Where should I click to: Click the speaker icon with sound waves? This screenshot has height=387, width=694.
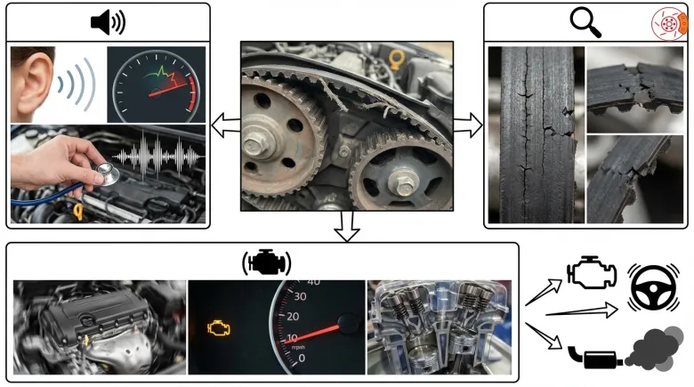[108, 22]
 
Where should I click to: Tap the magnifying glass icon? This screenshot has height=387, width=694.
[585, 22]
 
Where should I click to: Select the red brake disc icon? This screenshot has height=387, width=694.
[669, 23]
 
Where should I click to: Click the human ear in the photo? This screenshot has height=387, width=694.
[34, 82]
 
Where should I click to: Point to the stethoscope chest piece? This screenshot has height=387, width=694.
[108, 173]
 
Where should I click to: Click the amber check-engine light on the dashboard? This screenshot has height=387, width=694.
[219, 328]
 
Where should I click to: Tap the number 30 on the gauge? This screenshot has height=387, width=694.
[300, 296]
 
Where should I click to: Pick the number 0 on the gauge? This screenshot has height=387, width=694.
[302, 358]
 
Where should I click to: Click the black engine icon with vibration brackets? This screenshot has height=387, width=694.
[266, 262]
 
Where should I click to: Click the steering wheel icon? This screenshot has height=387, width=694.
[653, 288]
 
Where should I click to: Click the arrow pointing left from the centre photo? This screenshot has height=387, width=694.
[226, 125]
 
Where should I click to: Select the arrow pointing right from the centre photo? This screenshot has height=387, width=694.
[468, 125]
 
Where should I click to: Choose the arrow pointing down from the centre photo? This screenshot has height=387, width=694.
[347, 227]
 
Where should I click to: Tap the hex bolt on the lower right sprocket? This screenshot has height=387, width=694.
[403, 183]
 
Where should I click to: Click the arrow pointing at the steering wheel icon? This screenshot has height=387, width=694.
[582, 310]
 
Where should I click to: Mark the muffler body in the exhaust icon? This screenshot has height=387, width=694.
[600, 359]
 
